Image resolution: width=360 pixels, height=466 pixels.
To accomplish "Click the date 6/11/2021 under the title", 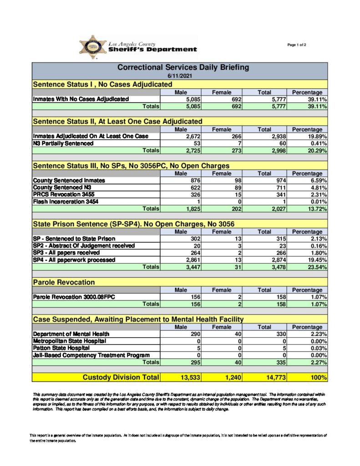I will coord(179,76).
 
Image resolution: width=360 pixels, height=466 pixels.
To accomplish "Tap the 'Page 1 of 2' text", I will coord(297,45).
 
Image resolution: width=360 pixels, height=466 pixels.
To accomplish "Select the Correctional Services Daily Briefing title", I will coord(183,67).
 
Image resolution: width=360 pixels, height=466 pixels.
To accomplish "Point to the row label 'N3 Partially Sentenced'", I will coord(63,143).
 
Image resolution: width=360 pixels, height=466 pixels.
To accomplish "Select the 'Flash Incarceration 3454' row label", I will coord(66,202).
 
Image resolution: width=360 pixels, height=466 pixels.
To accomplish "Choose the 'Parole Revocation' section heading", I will coord(64,283).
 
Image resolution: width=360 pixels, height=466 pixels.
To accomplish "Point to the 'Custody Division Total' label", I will coord(121,377).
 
